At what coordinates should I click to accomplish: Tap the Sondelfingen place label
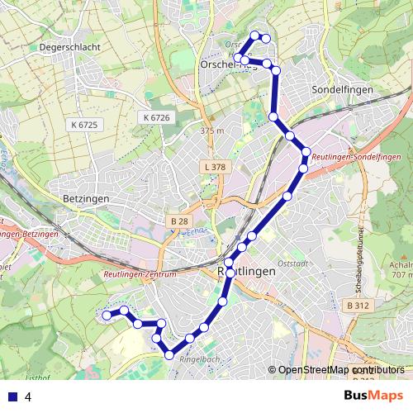[343, 88]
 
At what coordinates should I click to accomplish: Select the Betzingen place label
[86, 199]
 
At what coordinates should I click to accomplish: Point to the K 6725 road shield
[84, 124]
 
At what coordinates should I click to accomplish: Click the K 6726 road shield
[155, 118]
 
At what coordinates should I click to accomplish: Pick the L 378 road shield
[213, 167]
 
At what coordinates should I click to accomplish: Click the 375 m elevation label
[211, 131]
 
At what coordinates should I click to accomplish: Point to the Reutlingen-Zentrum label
[141, 273]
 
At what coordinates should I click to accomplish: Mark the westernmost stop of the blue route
[107, 315]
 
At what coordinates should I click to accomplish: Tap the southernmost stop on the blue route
[169, 355]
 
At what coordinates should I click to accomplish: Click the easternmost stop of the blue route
[306, 152]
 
